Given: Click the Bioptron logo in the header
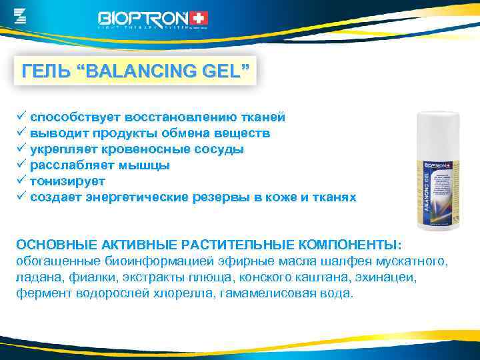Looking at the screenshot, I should coord(153,18).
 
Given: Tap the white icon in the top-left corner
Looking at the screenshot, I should coord(20,15).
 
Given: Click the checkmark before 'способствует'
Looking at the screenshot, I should coord(21,117).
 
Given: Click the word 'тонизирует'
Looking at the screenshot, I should coord(67,181).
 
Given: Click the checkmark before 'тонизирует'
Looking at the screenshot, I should coord(21,181).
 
